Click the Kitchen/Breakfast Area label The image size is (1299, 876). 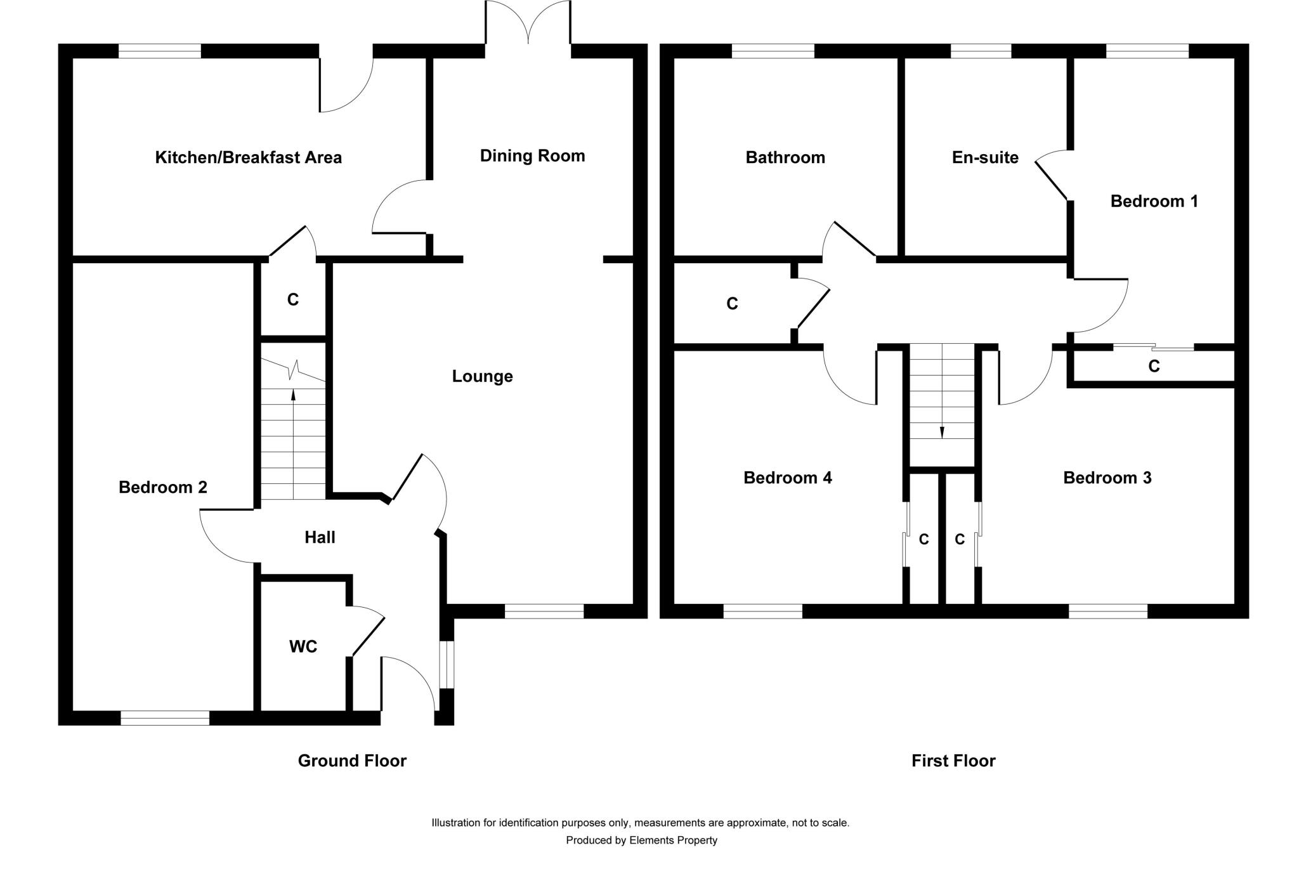[249, 157]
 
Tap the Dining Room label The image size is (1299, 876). [532, 156]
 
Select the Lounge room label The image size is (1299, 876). [482, 376]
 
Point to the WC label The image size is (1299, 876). [303, 646]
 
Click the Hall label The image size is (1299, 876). [320, 537]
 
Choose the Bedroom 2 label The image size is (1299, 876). [163, 487]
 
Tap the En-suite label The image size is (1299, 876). [985, 157]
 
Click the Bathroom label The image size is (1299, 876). [785, 157]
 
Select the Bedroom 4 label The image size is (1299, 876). [788, 478]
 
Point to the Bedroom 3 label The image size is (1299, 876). [1107, 478]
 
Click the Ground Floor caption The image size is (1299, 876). [352, 761]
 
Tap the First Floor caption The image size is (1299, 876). [953, 761]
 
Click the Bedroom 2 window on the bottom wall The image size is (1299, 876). [165, 717]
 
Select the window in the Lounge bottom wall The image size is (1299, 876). [544, 611]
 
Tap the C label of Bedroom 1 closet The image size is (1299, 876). [1154, 366]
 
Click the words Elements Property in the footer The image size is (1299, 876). [673, 840]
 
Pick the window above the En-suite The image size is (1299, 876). [981, 51]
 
